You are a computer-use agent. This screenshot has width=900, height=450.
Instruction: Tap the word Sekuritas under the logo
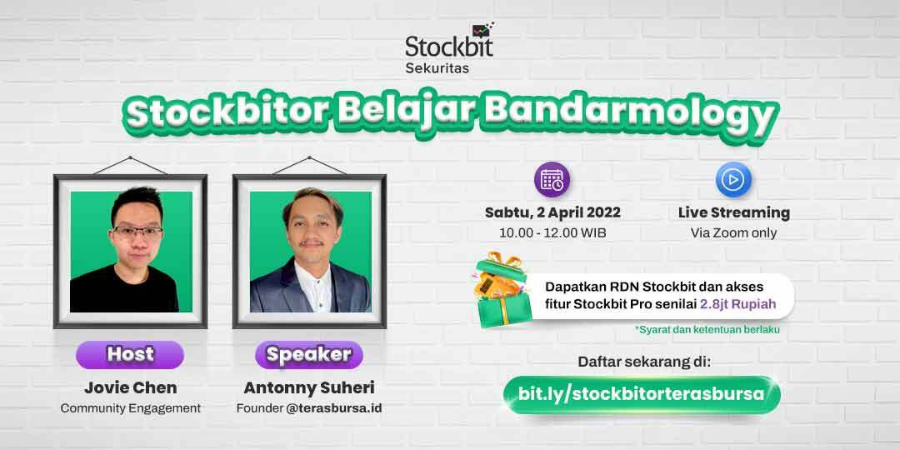point(437,68)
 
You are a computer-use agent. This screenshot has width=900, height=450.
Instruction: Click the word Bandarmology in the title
point(629,115)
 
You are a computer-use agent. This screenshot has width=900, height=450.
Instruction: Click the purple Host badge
point(130,355)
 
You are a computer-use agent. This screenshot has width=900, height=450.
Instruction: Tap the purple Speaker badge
point(309,355)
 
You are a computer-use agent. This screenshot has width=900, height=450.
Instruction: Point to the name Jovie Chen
point(130,388)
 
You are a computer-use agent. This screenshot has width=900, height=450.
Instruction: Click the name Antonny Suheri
point(309,388)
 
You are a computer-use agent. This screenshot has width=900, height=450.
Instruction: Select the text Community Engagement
point(130,408)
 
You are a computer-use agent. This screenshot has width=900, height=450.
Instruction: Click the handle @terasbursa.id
point(334,408)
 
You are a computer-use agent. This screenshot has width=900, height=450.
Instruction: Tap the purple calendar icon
point(552,180)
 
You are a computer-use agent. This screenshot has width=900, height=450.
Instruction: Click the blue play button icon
point(733,180)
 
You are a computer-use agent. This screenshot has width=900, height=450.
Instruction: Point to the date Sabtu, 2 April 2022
point(552,213)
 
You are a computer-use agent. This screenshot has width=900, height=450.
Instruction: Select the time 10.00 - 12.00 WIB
point(552,233)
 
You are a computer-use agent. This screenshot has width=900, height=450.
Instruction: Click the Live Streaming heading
point(734,213)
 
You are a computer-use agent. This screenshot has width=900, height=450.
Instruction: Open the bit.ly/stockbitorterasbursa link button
point(642,394)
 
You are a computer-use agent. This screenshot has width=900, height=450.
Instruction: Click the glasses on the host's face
point(137,232)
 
